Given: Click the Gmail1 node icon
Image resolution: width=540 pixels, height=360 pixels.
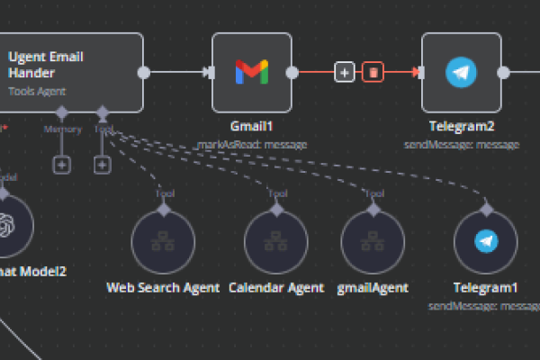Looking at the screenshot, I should click(x=251, y=72).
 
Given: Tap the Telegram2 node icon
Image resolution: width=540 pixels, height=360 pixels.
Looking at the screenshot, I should click(x=462, y=72).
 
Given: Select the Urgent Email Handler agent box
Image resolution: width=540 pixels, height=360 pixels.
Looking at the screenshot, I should click(x=72, y=72).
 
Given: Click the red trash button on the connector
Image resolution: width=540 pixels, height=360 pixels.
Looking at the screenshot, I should click(x=373, y=72).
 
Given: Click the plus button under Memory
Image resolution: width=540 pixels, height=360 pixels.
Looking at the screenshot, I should click(x=61, y=165).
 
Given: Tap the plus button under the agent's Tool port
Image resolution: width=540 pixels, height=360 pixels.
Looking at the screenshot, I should click(x=103, y=165).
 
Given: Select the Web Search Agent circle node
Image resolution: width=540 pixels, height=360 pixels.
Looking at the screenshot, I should click(x=163, y=242).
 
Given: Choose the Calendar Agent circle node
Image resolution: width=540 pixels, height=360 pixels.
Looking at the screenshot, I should click(x=275, y=242).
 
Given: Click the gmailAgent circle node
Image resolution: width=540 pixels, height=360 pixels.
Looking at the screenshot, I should click(x=373, y=242).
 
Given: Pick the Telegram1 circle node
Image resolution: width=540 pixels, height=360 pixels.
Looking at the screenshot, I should click(x=486, y=242).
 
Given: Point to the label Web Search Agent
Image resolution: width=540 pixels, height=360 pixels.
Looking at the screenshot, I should click(x=163, y=288).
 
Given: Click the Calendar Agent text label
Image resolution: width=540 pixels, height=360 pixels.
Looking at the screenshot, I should click(x=275, y=288).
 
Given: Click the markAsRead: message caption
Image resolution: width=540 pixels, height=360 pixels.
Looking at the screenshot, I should click(x=252, y=143).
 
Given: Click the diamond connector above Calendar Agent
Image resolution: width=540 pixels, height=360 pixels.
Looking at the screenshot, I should click(x=275, y=208).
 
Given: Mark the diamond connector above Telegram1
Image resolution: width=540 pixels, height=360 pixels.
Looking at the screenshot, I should click(x=487, y=208).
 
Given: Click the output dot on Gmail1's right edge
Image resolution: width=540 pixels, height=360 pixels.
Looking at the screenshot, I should click(x=291, y=72).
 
